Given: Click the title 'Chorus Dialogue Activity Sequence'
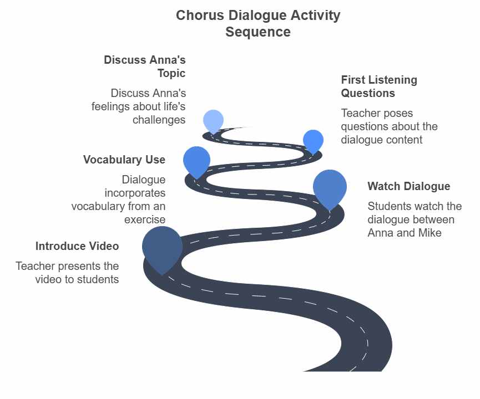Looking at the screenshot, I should (257, 23).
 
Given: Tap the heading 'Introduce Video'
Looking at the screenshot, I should (77, 246).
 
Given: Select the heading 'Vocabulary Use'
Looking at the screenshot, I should (124, 160).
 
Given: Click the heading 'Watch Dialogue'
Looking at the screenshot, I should (408, 186).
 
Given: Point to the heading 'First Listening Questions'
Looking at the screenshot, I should (379, 86).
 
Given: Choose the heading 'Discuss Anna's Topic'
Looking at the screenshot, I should (145, 66).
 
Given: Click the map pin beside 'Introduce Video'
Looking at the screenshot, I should (162, 247).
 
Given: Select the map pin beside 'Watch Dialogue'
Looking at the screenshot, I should (330, 187).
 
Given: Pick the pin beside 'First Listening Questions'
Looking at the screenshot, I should (313, 141).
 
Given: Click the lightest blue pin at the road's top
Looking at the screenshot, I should (213, 120).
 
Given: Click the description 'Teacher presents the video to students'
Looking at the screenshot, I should (67, 273).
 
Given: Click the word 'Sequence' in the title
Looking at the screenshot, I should (257, 32).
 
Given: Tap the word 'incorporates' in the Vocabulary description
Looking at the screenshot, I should (135, 193).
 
